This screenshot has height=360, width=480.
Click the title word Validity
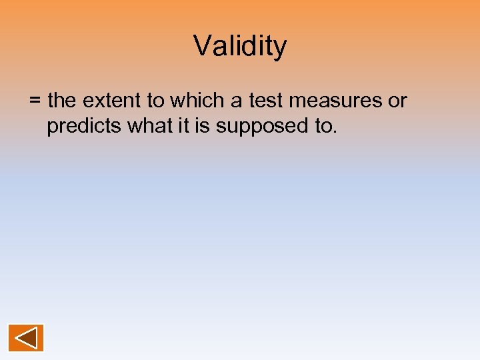(x=240, y=47)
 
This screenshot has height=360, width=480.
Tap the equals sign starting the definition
(x=35, y=101)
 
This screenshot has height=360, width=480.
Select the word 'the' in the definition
(x=63, y=101)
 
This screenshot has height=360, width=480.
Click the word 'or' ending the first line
(x=397, y=101)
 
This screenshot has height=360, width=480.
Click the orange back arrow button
(x=26, y=338)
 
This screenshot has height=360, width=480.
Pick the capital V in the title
(x=202, y=46)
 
